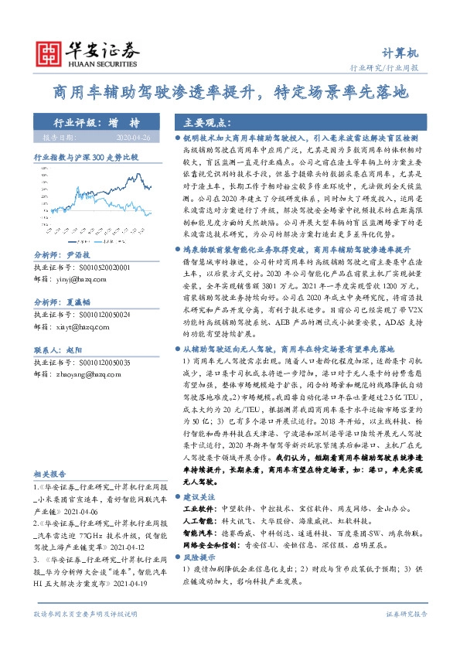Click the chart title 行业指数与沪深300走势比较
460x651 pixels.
pos(85,155)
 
